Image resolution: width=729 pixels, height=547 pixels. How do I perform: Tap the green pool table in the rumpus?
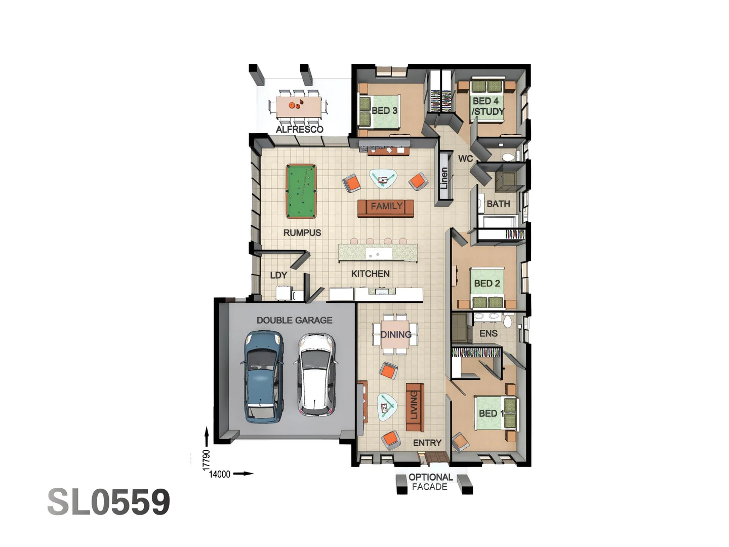coord(301,191)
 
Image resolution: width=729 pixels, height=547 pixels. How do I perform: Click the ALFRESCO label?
coord(299,129)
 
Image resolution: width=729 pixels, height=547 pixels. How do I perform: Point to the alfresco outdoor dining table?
coord(299,106)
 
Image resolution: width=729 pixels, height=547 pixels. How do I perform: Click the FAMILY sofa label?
coord(386,206)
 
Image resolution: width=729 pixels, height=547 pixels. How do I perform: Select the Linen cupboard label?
coord(444,178)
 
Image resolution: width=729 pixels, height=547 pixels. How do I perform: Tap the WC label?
coord(465,159)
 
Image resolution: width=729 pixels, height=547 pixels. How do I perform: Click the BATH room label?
coord(498,204)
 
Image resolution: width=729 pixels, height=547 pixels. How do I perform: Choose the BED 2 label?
coord(487,283)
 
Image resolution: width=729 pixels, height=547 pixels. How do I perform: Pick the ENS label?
coord(488,333)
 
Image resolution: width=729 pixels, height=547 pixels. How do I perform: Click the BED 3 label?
coord(384,110)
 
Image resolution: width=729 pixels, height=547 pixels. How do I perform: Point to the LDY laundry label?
coord(278,275)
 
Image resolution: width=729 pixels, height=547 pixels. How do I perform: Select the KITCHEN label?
coord(370,273)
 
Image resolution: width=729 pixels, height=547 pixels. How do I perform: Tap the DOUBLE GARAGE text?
coord(294,320)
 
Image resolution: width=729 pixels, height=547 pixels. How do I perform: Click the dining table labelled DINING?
coord(395,335)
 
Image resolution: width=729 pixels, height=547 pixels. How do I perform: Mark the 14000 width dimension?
coord(220,475)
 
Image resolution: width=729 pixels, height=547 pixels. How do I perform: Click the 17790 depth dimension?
coord(206,460)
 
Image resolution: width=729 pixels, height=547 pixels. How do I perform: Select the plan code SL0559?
coord(109,502)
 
